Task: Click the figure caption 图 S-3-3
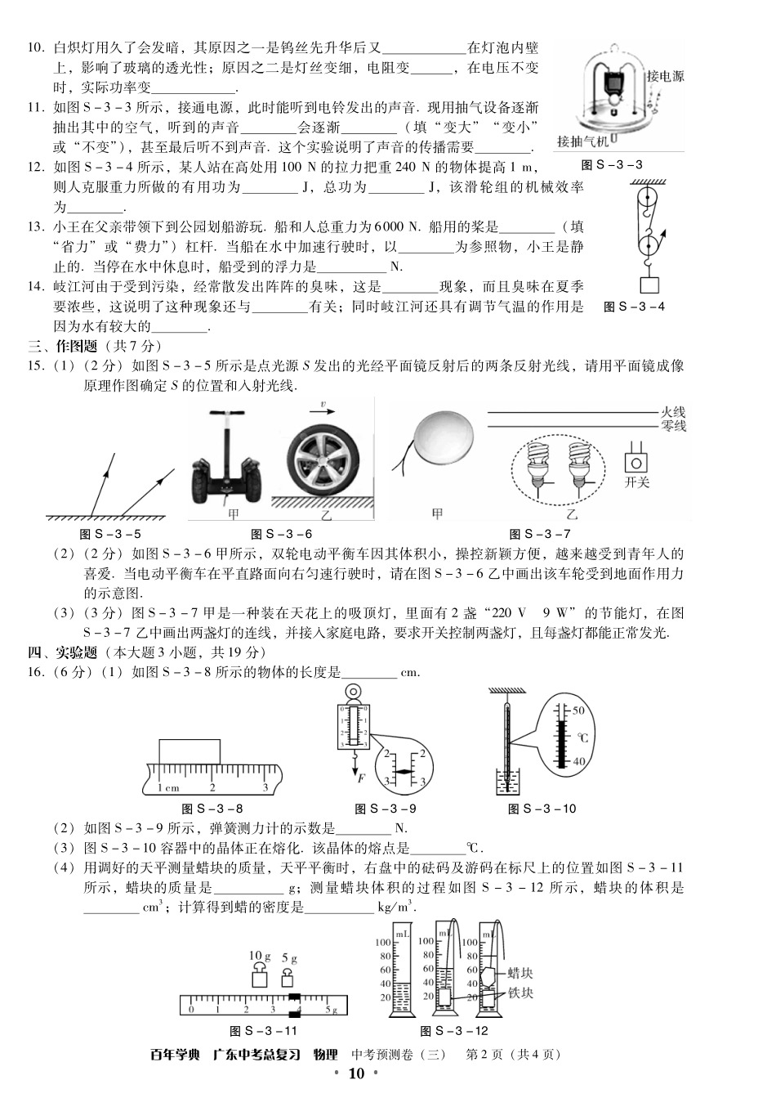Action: pos(611,164)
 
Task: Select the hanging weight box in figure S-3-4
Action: pos(649,285)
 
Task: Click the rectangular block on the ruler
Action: pos(189,751)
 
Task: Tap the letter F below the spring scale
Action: pos(359,778)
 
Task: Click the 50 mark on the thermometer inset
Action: pos(578,710)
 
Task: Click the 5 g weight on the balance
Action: pos(288,979)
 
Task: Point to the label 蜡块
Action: pos(520,973)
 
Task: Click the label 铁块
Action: pos(520,993)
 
